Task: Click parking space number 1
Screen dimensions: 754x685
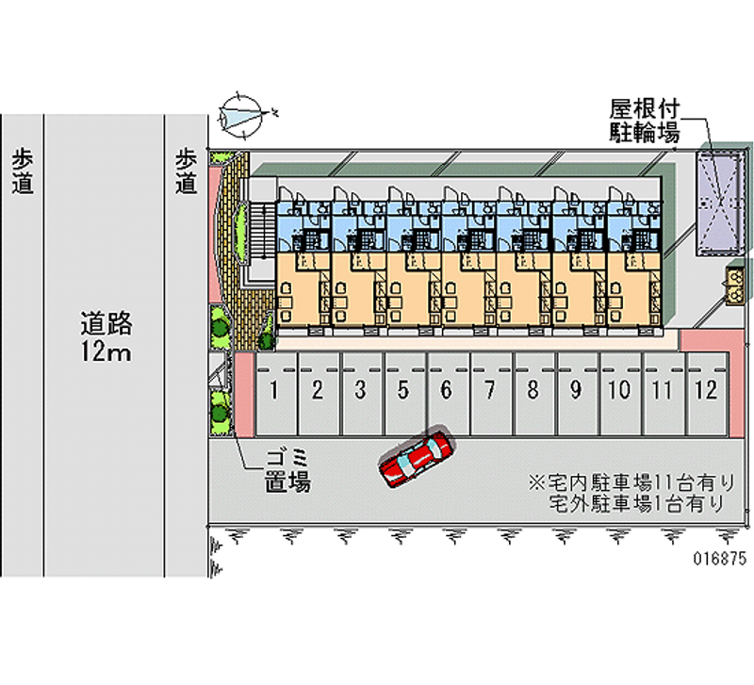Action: (x=275, y=395)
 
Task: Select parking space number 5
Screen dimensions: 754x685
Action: (x=404, y=395)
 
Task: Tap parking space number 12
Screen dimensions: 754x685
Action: (x=706, y=395)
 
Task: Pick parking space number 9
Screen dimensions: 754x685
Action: (x=577, y=395)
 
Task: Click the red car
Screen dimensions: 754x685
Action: (x=417, y=459)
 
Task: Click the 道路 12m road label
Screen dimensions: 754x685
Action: (x=106, y=336)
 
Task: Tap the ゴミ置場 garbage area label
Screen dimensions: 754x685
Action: (x=288, y=470)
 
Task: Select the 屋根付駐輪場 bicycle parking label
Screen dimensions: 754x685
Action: (x=645, y=122)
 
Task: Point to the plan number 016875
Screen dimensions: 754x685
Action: (x=720, y=558)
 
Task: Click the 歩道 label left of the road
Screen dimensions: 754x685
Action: (x=23, y=171)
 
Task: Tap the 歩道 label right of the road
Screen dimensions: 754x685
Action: (x=186, y=171)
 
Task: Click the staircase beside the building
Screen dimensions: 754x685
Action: (x=261, y=233)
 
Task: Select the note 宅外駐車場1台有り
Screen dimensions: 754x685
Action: (x=637, y=503)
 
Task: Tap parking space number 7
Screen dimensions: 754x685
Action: (x=490, y=395)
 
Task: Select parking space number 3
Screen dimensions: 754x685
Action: (x=361, y=395)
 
